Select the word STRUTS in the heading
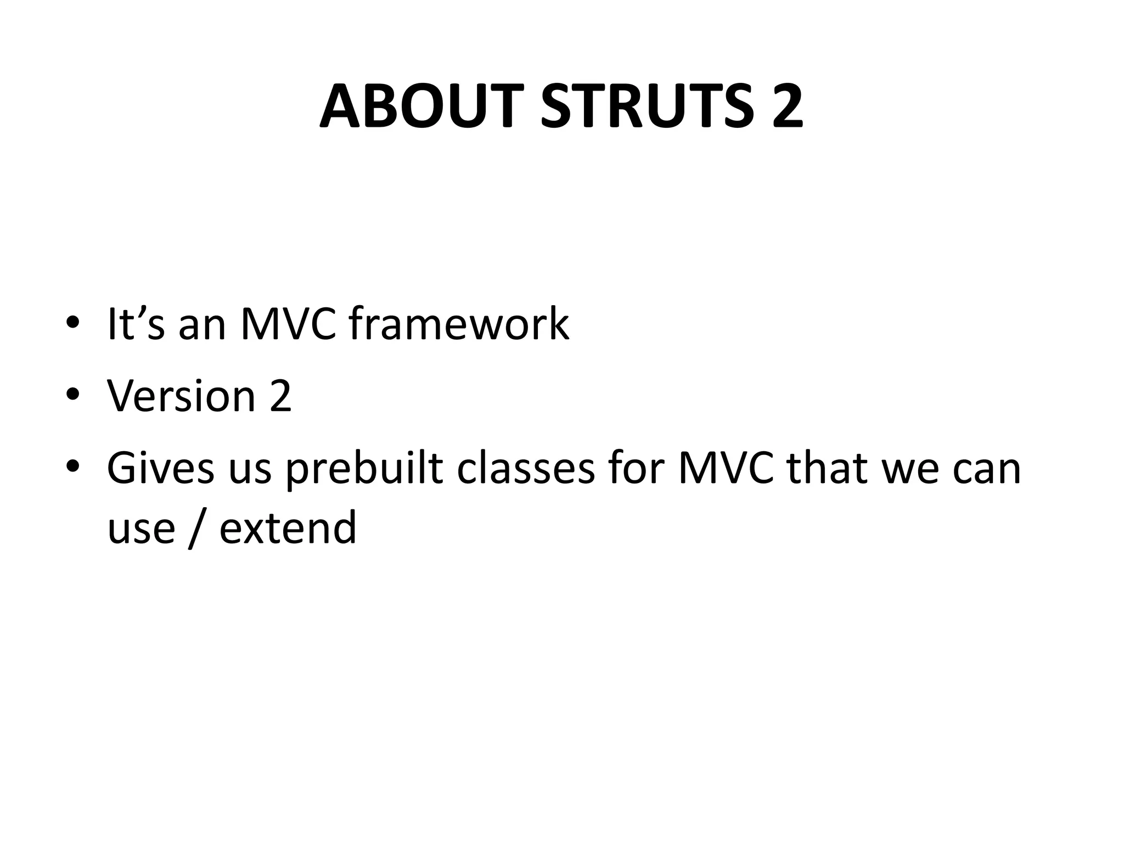[648, 106]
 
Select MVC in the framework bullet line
[289, 324]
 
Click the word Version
[181, 396]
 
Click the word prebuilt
[364, 470]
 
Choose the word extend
[288, 527]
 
